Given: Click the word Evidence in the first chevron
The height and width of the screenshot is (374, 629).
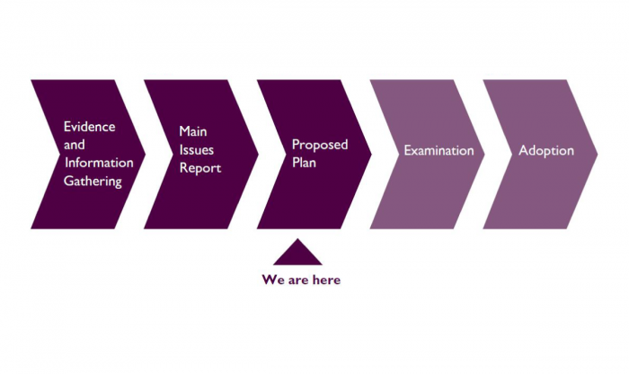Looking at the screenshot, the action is point(90,127).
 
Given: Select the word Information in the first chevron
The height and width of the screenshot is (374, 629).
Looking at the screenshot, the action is point(99,163).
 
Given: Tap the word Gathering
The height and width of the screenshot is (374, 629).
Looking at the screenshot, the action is point(93,181).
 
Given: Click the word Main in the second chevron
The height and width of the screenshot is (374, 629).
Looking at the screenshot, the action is point(193,131).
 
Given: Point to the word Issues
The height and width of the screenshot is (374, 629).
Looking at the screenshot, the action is point(196,149).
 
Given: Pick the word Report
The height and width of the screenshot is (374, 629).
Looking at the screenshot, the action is point(200,168).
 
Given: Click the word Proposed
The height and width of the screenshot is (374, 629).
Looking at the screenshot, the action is point(320,145).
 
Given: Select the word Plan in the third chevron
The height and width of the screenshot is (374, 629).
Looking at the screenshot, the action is point(304,163).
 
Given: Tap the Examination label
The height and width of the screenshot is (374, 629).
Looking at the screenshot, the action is point(439,150).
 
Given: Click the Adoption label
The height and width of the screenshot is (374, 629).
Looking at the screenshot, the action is point(546,151).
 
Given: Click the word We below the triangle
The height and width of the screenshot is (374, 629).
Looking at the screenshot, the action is point(273,280).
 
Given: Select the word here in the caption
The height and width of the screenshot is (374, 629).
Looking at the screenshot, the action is point(326,280).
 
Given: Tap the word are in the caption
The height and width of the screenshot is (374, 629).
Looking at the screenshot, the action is point(297,280).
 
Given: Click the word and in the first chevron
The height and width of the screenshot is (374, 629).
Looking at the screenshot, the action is point(75,145).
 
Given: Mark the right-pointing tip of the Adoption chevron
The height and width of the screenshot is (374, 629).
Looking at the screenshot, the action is point(598,154).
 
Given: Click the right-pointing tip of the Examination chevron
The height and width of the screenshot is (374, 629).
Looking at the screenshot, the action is point(484,154).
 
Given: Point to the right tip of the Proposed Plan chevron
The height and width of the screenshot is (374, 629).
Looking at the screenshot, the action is point(371,154).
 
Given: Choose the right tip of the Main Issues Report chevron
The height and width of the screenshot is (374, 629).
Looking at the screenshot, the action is point(259,154).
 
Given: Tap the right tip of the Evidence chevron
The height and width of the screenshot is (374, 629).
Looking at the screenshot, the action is point(146,154).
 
